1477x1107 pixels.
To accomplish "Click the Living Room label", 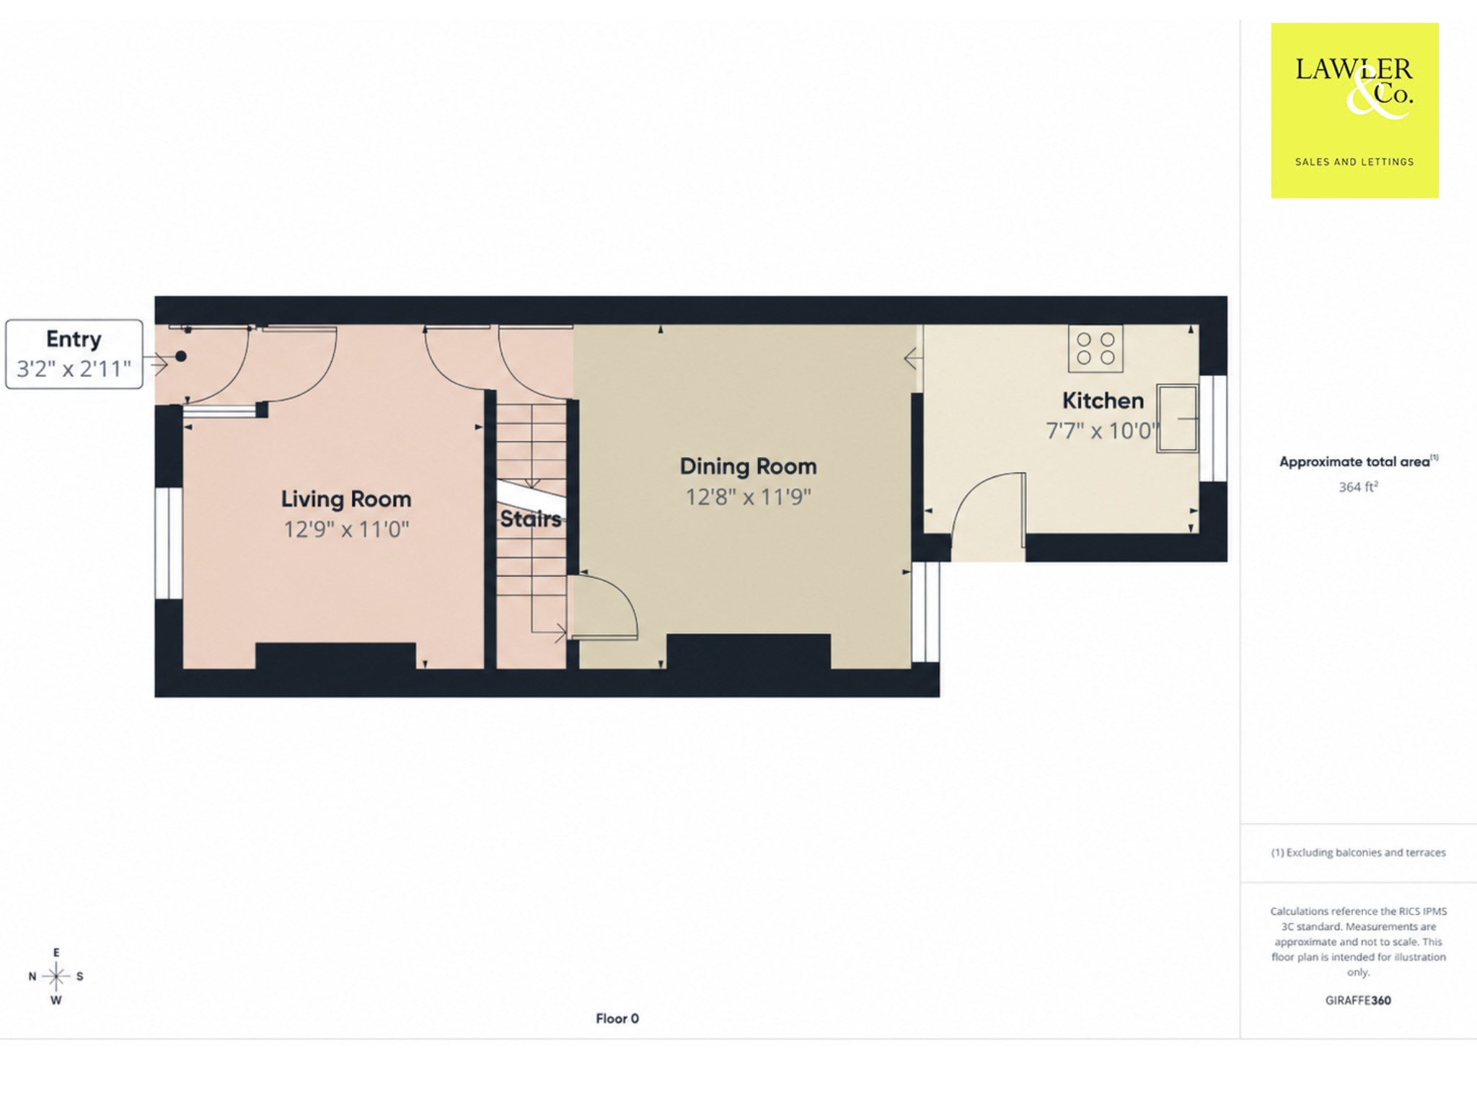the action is (346, 499).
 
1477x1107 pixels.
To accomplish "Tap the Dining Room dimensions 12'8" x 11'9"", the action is (748, 497).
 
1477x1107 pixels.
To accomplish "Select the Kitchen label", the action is (1103, 401).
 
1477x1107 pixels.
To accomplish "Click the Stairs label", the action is (531, 519).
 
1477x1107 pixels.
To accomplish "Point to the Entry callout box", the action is (74, 355).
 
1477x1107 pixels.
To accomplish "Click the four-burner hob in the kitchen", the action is (1095, 349).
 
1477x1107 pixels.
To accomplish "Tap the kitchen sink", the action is (1177, 418).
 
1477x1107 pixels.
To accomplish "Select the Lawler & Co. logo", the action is (1354, 110).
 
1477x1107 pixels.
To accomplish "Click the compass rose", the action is (56, 977).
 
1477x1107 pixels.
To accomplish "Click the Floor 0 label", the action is (617, 1018).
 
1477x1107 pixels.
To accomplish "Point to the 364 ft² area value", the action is (1358, 487).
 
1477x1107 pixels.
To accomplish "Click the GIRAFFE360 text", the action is (1358, 1000).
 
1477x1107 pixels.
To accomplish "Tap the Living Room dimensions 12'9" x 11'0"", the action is (346, 530).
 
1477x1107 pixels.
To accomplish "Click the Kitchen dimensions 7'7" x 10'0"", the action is (1103, 431).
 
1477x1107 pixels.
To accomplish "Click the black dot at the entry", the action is (181, 356).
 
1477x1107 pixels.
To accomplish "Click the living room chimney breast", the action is (335, 656).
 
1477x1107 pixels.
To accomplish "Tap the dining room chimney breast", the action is (748, 652).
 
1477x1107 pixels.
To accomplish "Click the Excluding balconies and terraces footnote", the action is (1358, 853).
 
